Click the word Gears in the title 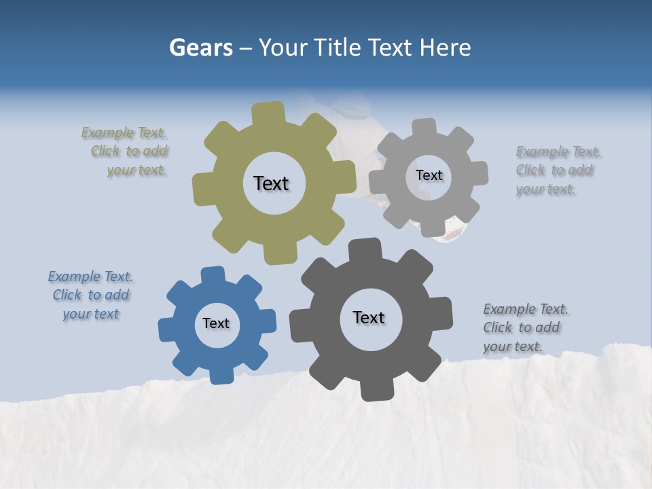tap(201, 48)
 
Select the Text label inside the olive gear tap(271, 183)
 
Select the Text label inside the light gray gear tap(429, 175)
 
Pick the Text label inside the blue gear tap(216, 323)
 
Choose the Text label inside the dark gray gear tap(369, 317)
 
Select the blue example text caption tap(91, 295)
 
